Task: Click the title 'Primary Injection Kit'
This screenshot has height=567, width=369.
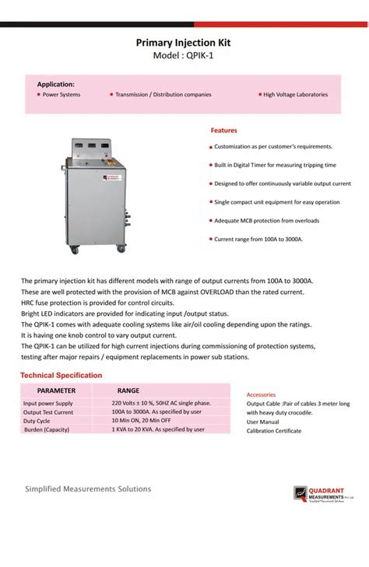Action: [184, 45]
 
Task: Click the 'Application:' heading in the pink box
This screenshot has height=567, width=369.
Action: [56, 83]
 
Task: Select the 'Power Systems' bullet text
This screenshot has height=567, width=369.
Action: [61, 95]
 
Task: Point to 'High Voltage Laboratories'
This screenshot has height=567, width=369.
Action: [295, 95]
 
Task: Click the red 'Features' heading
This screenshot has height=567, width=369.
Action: [224, 131]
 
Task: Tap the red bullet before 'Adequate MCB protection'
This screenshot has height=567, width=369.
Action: [210, 221]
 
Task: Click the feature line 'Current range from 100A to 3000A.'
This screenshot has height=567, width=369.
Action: [258, 240]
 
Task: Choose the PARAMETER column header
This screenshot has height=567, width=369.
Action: [57, 390]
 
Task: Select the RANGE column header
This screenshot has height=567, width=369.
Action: [128, 390]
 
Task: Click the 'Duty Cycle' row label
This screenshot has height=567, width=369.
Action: [37, 421]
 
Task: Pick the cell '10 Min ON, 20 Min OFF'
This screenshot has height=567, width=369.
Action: [142, 421]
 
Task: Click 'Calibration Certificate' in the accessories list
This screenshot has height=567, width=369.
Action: [274, 430]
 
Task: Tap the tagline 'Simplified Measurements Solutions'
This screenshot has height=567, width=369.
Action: [88, 489]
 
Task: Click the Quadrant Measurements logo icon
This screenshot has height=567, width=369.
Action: [300, 493]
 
